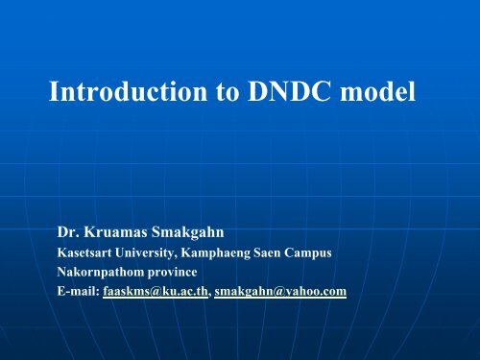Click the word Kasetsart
(85, 254)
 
